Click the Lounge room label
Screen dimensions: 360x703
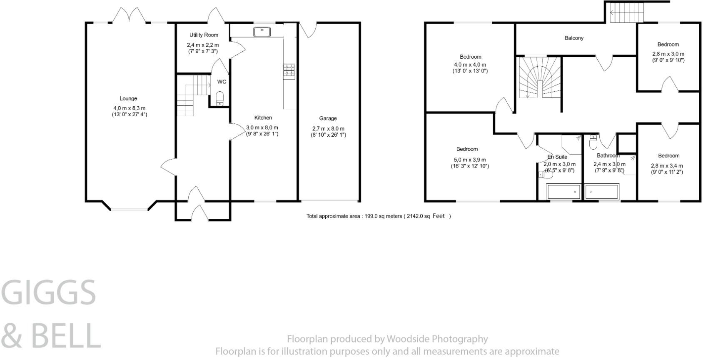click(128, 99)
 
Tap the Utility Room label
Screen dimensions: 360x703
click(204, 35)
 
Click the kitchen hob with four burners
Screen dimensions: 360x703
click(289, 71)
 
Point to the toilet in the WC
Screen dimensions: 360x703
click(219, 98)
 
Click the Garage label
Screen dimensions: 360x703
click(328, 118)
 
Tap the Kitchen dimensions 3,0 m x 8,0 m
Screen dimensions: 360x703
click(262, 128)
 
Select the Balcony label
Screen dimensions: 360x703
click(574, 38)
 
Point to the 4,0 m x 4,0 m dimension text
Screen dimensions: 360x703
click(470, 65)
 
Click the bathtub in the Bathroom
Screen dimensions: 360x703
click(602, 192)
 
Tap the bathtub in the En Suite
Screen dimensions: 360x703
click(563, 192)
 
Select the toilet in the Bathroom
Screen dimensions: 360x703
click(593, 142)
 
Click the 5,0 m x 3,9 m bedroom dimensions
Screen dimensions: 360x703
click(470, 160)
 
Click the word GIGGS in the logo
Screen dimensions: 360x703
click(49, 292)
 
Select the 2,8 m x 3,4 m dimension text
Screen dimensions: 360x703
click(668, 166)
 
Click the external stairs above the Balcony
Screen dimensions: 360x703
click(627, 13)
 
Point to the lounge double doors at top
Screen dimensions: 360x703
click(129, 16)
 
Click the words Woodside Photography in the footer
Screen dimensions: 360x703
click(437, 339)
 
